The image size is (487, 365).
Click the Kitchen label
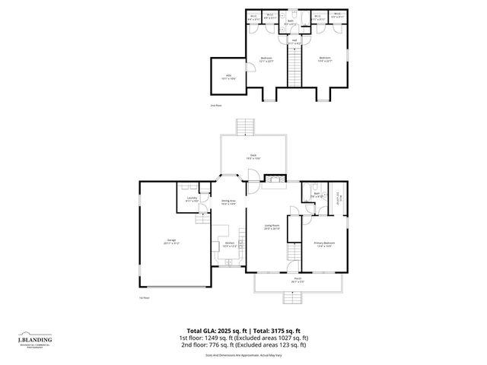(x=229, y=244)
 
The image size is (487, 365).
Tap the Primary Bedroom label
(x=324, y=244)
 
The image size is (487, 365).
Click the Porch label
(x=297, y=280)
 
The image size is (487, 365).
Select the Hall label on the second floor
(x=294, y=43)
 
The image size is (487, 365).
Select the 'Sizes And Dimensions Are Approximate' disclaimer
(x=243, y=354)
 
